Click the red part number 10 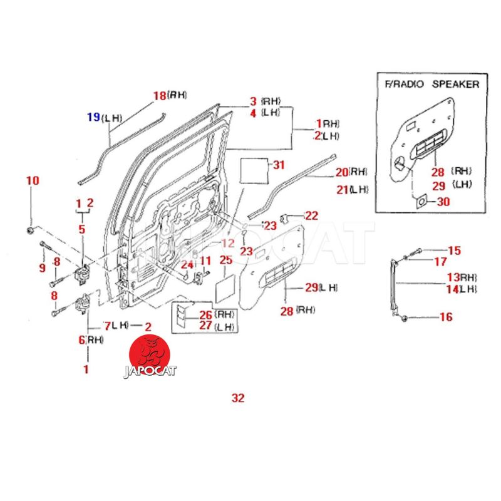[x=32, y=181]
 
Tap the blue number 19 [x=93, y=116]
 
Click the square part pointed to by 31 [x=254, y=170]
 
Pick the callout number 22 [x=311, y=216]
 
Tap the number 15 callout [x=454, y=250]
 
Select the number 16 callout [x=445, y=318]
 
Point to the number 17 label [x=440, y=262]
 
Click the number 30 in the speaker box [x=443, y=202]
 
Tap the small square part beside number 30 [x=421, y=202]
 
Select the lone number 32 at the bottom [x=238, y=398]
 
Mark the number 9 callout [x=43, y=268]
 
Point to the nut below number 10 [x=31, y=231]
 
